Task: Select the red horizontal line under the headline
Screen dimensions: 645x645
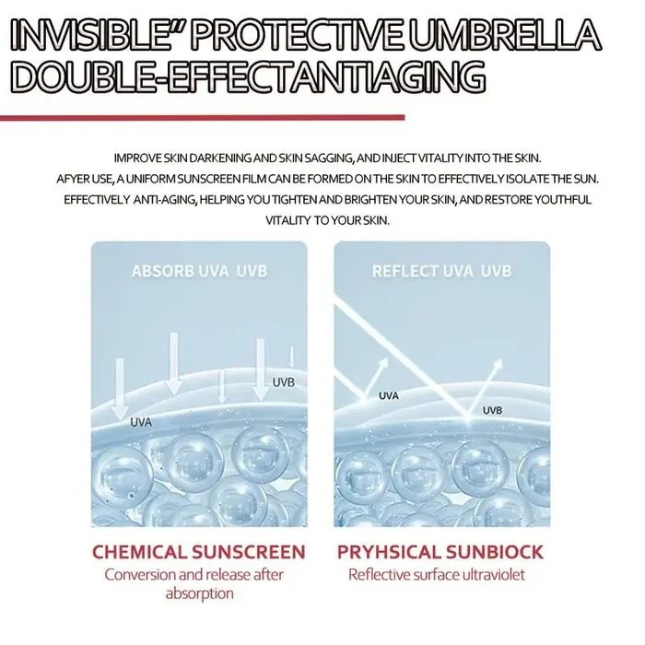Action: pos(202,118)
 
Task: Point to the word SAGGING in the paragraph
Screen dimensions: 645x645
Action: pos(328,158)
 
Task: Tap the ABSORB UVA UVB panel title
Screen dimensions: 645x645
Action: pos(200,272)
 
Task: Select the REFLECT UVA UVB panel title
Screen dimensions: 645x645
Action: pos(441,272)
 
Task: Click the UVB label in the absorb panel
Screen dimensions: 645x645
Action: pos(284,382)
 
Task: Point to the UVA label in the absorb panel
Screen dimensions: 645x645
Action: pos(141,422)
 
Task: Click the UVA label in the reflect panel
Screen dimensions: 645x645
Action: pos(389,396)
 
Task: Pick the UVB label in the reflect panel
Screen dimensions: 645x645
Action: pos(492,411)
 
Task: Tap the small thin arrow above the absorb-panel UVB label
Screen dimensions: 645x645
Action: pos(292,357)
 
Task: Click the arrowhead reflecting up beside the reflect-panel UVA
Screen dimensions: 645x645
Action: pos(384,363)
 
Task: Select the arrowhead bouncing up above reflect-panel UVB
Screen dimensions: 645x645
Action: pos(498,364)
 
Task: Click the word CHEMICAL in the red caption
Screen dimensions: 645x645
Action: pos(138,552)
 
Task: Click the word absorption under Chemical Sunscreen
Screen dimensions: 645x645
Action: pos(200,594)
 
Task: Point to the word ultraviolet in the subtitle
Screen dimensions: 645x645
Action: pos(494,575)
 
